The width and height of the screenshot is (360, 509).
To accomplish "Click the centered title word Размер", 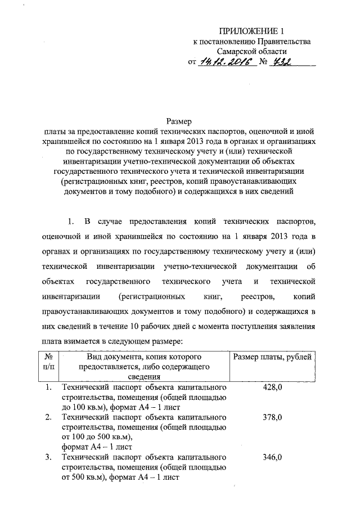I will tap(179, 121).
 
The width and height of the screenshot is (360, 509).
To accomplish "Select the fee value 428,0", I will tap(272, 388).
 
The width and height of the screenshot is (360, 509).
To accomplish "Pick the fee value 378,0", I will tap(272, 417).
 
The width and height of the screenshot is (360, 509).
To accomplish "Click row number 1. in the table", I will tap(48, 388).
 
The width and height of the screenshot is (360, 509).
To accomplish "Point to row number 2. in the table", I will tap(48, 417).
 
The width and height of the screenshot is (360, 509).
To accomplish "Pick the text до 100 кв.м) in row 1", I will tap(83, 408).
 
